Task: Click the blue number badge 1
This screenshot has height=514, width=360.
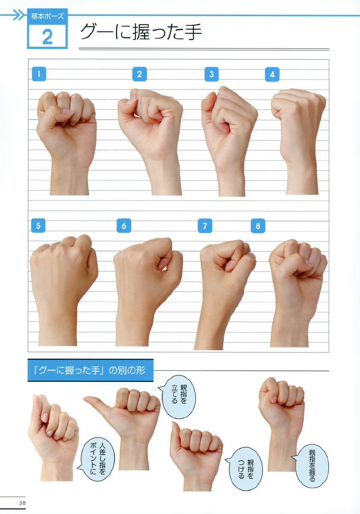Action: (39, 74)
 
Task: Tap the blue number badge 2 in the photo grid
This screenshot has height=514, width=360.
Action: (139, 74)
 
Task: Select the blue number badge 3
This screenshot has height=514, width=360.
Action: (211, 74)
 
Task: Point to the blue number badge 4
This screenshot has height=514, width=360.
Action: (272, 74)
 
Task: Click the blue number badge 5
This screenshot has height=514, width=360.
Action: (38, 226)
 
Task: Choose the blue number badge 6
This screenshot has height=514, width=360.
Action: (124, 226)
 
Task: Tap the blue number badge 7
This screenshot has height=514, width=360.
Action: (205, 226)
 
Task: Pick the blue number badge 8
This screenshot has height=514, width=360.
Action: (258, 226)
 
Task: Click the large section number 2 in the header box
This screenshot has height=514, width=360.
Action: (47, 37)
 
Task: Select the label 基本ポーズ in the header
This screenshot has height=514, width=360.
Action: (47, 16)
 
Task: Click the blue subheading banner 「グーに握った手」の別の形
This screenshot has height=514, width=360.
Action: (90, 370)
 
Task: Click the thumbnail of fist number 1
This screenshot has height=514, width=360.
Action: (66, 143)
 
